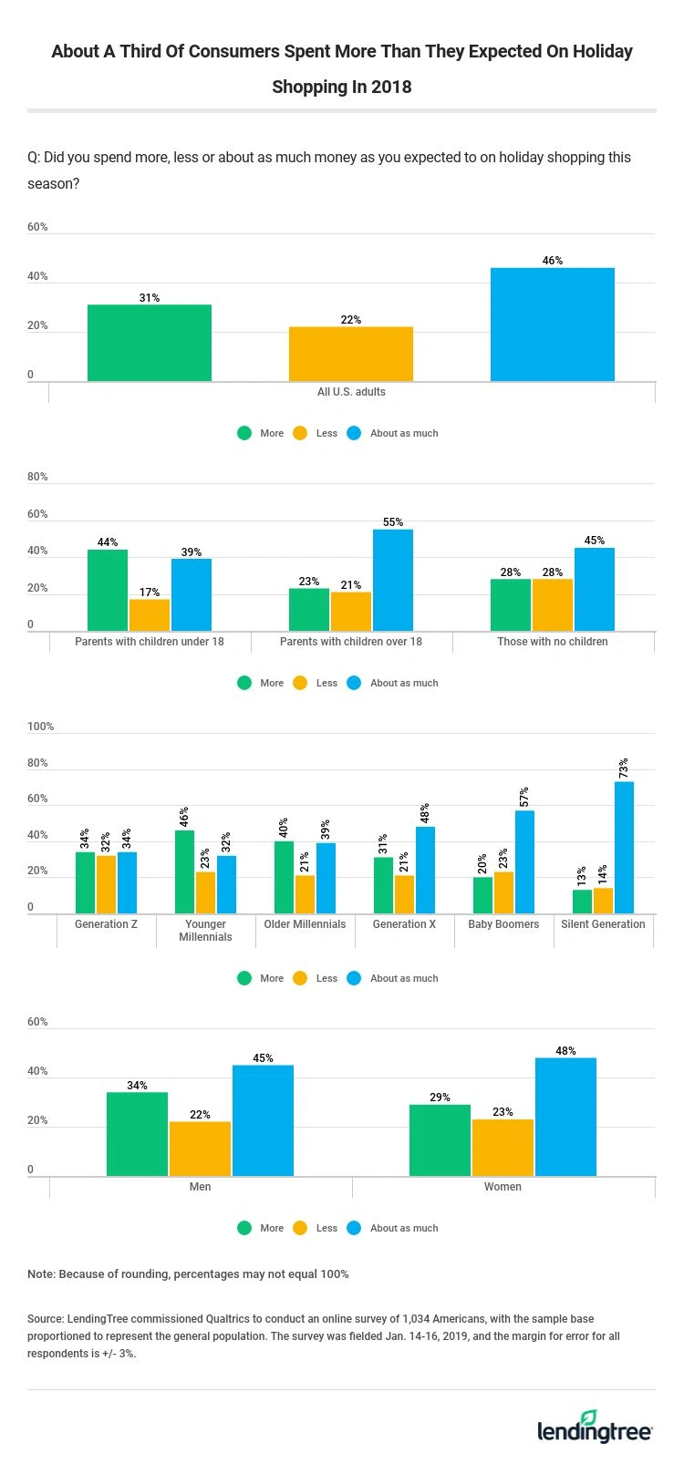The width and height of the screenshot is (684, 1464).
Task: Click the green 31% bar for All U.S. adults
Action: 150,343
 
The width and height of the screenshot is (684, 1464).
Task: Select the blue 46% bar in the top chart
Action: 552,325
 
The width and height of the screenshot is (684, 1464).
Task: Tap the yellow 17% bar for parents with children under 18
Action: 150,614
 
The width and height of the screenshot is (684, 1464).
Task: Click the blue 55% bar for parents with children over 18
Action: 392,580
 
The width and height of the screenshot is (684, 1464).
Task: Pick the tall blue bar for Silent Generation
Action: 624,847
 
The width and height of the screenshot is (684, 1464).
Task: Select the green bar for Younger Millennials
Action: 184,871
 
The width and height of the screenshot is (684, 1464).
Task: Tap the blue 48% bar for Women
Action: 565,1117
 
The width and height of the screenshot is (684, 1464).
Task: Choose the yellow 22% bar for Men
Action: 200,1149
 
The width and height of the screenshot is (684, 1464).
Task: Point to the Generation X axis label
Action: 404,924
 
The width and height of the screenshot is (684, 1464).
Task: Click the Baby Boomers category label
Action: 503,924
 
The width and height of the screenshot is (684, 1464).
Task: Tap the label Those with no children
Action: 552,642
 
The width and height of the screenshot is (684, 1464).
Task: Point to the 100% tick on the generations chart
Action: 41,727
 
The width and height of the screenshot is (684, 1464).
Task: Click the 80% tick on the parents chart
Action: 37,477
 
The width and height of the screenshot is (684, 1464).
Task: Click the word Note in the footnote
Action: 40,1273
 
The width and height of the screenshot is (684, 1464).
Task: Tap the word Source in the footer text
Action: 46,1319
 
